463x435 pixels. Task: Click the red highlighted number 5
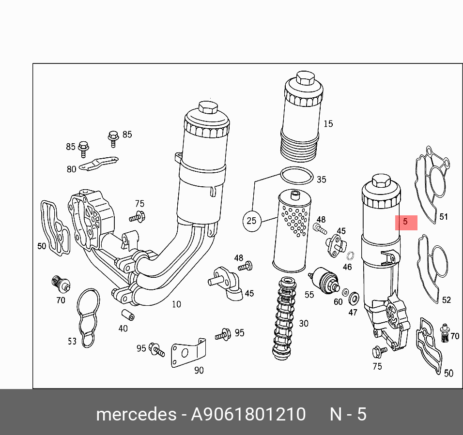click(405, 223)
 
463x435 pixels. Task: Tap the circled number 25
click(251, 221)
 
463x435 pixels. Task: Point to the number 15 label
click(328, 124)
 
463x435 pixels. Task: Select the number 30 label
click(303, 323)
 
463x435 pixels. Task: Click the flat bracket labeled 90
click(186, 354)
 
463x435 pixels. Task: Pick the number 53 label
click(72, 341)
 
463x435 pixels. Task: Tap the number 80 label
click(71, 169)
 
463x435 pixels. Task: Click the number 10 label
click(176, 304)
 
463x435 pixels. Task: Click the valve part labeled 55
click(325, 278)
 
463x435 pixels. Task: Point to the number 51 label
click(444, 217)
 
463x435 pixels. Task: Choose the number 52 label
click(446, 300)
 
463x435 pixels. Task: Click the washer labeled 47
click(354, 296)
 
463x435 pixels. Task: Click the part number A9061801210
click(248, 415)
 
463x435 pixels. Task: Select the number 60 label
click(338, 302)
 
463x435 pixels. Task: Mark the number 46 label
click(347, 267)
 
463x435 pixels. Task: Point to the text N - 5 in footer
click(348, 415)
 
